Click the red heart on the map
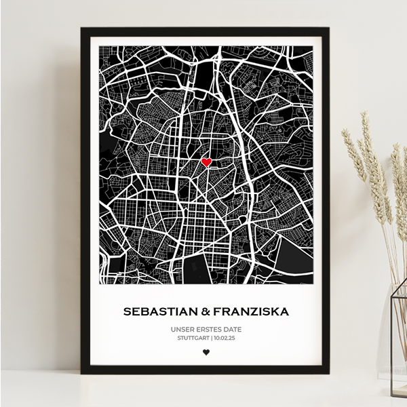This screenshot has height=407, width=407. coord(206,162)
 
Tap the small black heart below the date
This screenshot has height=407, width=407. coord(206,352)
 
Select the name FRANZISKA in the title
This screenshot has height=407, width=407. coord(250,312)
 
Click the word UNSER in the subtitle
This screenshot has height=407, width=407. coord(182,330)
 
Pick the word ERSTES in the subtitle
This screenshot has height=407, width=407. coord(207,330)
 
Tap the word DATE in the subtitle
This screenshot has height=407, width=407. coord(231,330)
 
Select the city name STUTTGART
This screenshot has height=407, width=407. coord(193,338)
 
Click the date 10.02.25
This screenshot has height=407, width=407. coord(223,338)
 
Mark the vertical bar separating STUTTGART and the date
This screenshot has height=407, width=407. coord(211,338)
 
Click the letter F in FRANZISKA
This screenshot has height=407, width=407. coord(217,312)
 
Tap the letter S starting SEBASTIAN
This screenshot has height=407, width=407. coord(127,312)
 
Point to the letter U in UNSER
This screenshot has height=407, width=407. coord(174,330)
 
